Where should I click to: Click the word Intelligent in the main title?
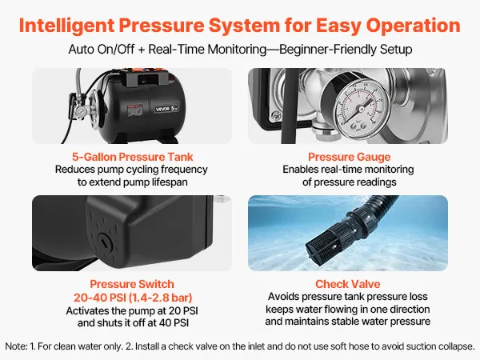coord(67,26)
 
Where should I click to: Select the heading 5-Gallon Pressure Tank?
coord(133,157)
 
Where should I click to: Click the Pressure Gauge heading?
coord(350,157)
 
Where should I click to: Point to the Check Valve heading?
coord(348,284)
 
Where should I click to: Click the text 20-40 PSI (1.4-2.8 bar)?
coord(133,298)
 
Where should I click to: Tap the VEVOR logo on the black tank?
coord(162,109)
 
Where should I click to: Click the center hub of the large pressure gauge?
coord(362,109)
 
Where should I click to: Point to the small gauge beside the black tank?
coord(81,112)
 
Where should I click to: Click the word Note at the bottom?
coord(15,346)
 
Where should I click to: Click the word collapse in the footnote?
coord(456,346)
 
